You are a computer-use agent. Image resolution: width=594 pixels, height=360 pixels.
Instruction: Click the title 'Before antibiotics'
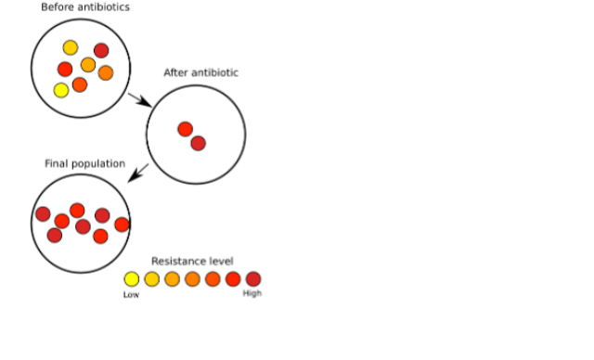coord(85,6)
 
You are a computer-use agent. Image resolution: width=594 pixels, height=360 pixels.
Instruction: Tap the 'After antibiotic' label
coord(200,72)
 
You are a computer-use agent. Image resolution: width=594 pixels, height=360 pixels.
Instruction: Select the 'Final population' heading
coord(84,163)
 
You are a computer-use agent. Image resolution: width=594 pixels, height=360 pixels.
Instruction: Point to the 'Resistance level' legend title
coord(192,262)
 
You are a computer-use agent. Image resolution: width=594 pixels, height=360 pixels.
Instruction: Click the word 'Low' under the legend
coord(131,294)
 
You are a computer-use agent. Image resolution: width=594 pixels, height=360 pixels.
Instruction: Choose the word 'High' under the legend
coord(252,293)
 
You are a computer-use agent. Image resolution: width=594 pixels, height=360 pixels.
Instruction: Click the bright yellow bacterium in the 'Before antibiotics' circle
coord(61,91)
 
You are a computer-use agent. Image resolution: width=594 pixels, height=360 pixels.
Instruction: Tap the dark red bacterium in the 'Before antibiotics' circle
coord(101,50)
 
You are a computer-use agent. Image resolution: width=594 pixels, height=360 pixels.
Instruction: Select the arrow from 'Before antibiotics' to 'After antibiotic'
coord(140,100)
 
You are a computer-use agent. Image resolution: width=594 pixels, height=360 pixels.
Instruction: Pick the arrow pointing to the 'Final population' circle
coord(138,173)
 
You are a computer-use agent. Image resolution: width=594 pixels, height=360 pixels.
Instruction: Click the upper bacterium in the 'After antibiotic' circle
coord(186,129)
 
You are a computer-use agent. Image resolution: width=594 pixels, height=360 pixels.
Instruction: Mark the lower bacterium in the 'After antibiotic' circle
coord(198,144)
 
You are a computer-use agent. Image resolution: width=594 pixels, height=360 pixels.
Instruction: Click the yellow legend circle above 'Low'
coord(132,279)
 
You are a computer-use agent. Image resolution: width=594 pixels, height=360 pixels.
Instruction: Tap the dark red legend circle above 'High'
coord(253,279)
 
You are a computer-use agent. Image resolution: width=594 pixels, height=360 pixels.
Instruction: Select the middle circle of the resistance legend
coord(192,279)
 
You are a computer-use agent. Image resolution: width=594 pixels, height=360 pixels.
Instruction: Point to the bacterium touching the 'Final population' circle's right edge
coord(122,225)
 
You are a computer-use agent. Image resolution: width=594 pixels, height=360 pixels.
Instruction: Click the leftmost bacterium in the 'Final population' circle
coord(43,214)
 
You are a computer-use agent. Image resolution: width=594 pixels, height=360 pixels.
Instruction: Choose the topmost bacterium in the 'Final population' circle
coord(77,211)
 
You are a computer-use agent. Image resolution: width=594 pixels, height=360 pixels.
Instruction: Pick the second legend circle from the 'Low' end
coord(152,279)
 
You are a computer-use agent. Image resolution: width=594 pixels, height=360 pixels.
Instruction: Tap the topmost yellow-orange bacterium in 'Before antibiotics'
coord(71,47)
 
